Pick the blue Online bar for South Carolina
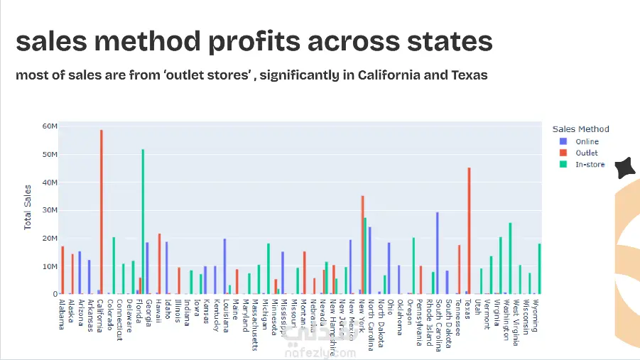click(x=438, y=253)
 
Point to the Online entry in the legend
click(x=587, y=141)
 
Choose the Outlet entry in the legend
click(x=587, y=153)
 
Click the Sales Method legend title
click(x=580, y=129)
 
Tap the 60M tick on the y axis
click(x=50, y=126)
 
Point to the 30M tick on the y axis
click(x=50, y=210)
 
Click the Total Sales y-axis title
click(x=28, y=207)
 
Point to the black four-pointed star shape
click(x=624, y=168)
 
